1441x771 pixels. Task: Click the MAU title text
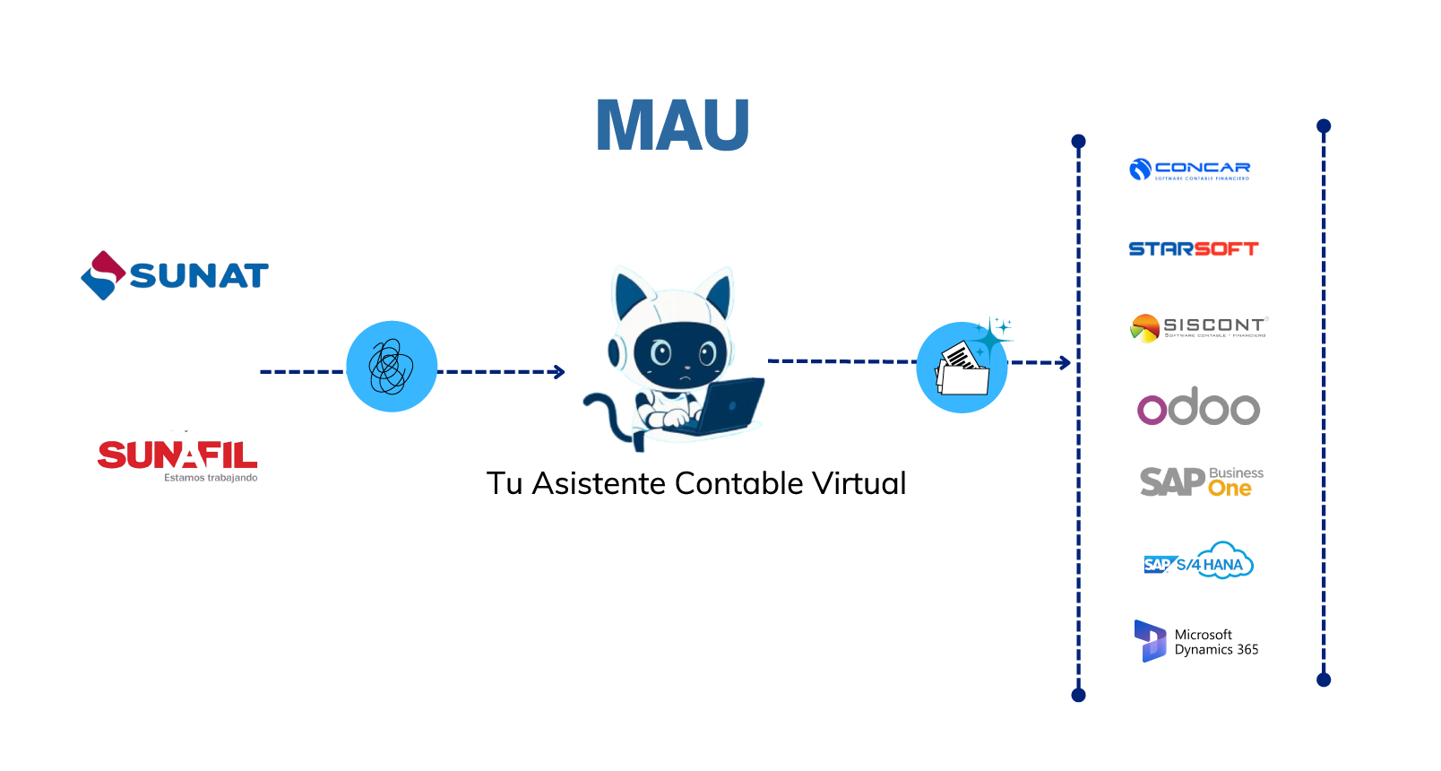[x=672, y=125]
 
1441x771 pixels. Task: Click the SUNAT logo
[x=175, y=275]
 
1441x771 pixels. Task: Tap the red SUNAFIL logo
[x=177, y=457]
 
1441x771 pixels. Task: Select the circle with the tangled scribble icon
[x=392, y=367]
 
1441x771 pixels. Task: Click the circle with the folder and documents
[x=961, y=368]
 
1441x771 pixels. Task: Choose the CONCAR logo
[x=1190, y=169]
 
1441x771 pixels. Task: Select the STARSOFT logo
[x=1193, y=248]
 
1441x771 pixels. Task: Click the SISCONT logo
[x=1198, y=328]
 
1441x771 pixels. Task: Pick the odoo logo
[x=1198, y=409]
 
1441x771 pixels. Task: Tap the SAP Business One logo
[x=1201, y=482]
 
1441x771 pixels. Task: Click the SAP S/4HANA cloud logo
[x=1198, y=561]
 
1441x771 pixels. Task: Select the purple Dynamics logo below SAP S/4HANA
[x=1150, y=641]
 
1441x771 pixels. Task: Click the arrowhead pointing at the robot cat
[x=560, y=371]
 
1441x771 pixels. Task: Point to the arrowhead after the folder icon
[x=1065, y=362]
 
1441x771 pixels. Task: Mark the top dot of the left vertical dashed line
[x=1078, y=142]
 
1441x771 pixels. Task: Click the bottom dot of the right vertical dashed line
[x=1324, y=680]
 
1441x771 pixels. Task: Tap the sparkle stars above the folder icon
[x=994, y=333]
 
